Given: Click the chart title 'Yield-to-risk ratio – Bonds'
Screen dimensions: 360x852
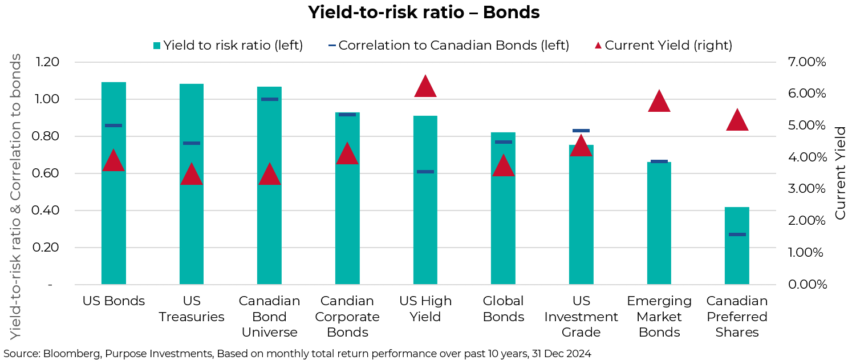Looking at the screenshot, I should [x=424, y=13].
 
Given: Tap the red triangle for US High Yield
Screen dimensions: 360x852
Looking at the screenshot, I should [x=425, y=87].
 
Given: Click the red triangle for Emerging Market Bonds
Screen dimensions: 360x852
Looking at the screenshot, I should [x=659, y=102].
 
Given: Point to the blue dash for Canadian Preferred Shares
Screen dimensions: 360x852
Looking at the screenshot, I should [x=737, y=234].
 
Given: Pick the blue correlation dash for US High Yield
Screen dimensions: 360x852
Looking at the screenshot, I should [x=425, y=172].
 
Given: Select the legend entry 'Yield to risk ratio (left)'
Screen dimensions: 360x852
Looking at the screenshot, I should [x=228, y=45].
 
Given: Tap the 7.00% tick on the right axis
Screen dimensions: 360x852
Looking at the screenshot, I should [x=806, y=62].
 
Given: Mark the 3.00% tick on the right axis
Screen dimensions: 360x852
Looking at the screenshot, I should [x=806, y=189].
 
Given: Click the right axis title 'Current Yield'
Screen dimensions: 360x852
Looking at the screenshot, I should [x=840, y=173].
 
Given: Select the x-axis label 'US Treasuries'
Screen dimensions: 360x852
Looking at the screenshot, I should [x=191, y=309].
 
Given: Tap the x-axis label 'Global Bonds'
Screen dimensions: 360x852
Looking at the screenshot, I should [x=503, y=309].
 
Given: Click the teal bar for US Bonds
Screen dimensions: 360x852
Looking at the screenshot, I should [x=113, y=217].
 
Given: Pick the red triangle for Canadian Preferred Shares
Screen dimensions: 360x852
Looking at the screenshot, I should [x=737, y=120].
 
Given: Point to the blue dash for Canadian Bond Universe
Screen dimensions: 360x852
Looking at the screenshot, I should [x=269, y=99].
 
